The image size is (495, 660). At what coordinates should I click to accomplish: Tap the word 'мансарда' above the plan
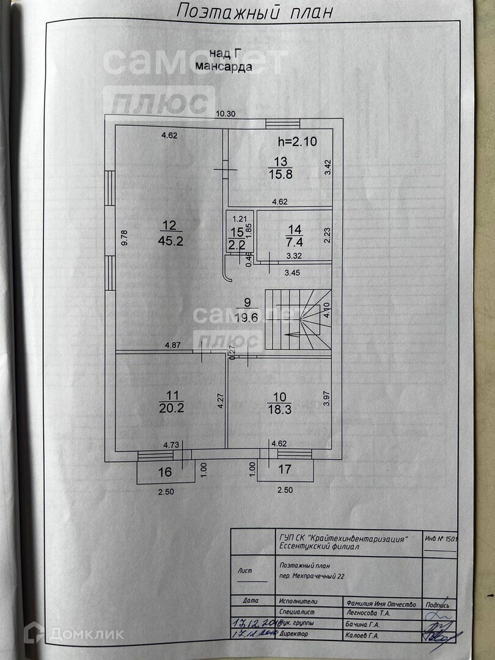(224, 67)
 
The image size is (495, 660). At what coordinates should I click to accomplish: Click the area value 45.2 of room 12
(171, 241)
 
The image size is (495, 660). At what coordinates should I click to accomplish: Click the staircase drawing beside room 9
(298, 320)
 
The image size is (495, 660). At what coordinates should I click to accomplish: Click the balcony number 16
(165, 472)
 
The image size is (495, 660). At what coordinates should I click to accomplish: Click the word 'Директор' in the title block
(293, 634)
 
